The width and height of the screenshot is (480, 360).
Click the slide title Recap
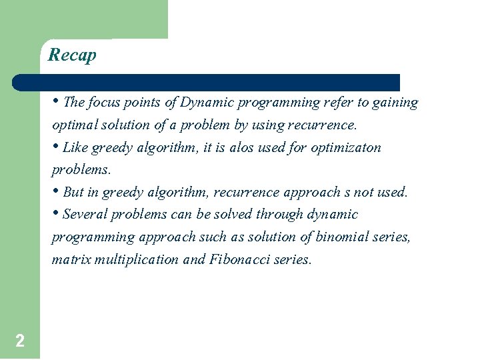[x=72, y=55]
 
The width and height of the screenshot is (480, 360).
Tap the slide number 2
[x=20, y=341]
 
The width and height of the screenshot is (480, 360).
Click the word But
[x=73, y=192]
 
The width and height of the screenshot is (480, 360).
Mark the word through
[x=279, y=215]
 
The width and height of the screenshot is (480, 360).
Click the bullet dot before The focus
[x=56, y=102]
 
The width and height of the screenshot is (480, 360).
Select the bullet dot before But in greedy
[x=56, y=191]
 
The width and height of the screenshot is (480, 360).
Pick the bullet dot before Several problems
[x=56, y=214]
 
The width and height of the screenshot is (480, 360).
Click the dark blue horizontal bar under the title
[x=206, y=83]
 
